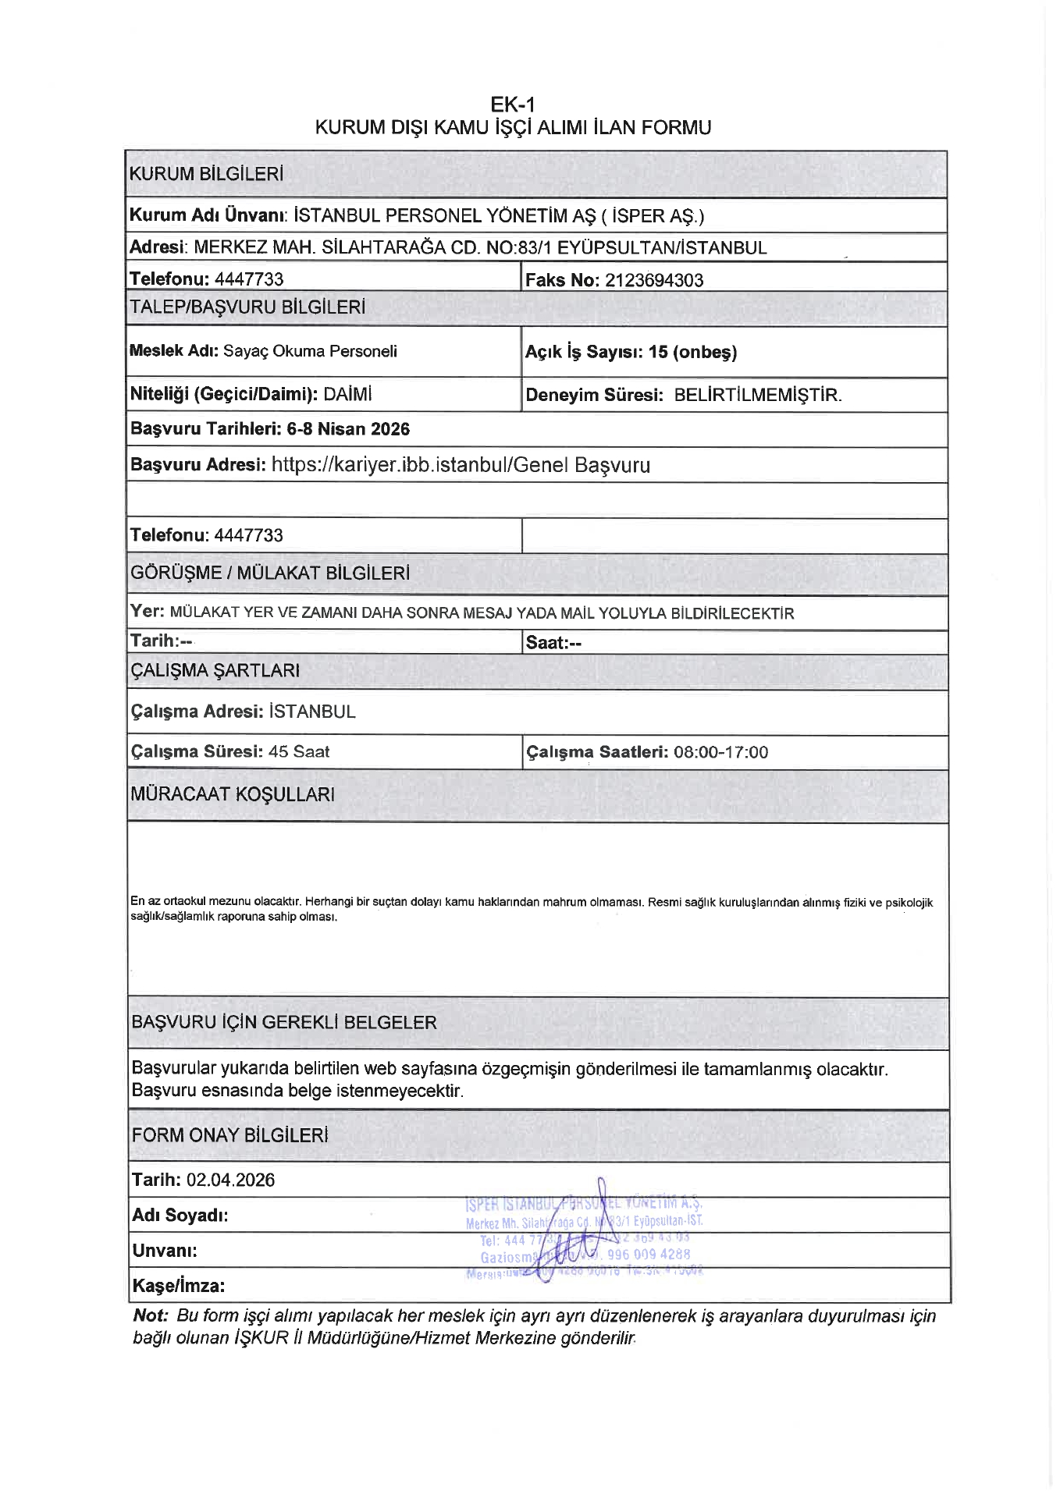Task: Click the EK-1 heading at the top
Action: pyautogui.click(x=512, y=105)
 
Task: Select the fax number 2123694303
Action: pyautogui.click(x=653, y=281)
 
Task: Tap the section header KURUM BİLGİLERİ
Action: pyautogui.click(x=206, y=174)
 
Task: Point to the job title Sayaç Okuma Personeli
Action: pyautogui.click(x=310, y=351)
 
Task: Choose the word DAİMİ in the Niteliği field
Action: pyautogui.click(x=347, y=394)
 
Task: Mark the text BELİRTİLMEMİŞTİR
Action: pyautogui.click(x=758, y=395)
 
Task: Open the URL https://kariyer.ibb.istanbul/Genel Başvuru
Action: pyautogui.click(x=461, y=465)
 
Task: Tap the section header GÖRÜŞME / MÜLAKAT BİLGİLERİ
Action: pyautogui.click(x=270, y=573)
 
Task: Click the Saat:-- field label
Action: pyautogui.click(x=553, y=643)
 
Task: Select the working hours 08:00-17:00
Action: pyautogui.click(x=720, y=752)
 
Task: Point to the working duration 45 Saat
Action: pyautogui.click(x=299, y=751)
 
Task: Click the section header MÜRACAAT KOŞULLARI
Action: pyautogui.click(x=233, y=794)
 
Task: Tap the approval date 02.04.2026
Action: pyautogui.click(x=230, y=1180)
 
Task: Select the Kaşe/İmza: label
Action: pyautogui.click(x=178, y=1286)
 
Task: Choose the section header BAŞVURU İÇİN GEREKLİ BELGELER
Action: pyautogui.click(x=284, y=1023)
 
